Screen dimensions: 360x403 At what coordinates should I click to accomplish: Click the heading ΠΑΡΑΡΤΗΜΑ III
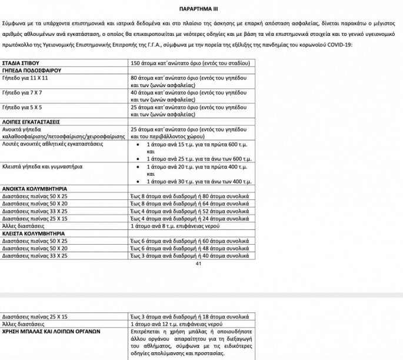(201, 10)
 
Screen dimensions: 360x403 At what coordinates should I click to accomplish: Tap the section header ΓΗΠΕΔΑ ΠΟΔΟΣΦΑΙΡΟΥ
(32, 69)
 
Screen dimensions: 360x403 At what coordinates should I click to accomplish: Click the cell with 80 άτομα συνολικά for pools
(191, 195)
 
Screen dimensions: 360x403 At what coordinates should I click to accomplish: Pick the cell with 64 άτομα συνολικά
(191, 203)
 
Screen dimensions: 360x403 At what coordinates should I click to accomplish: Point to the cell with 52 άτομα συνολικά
(191, 211)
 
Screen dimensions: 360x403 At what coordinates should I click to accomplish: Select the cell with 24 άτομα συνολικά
(191, 218)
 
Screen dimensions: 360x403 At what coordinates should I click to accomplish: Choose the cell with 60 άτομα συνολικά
(191, 241)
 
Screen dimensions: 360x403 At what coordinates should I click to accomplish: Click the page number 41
(198, 264)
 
